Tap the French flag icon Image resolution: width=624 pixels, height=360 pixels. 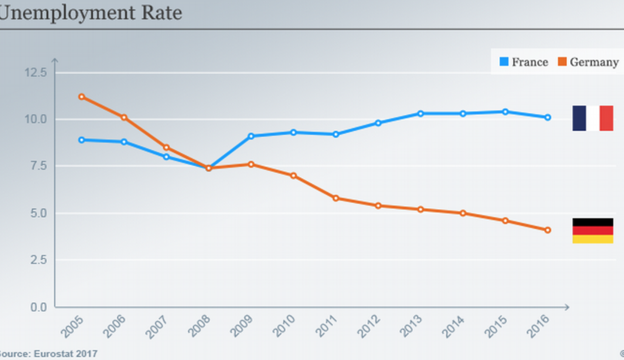(592, 118)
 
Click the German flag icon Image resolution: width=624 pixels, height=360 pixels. (592, 231)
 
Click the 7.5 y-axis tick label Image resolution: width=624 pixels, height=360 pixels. (37, 166)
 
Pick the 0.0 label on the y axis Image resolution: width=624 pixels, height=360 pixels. (37, 307)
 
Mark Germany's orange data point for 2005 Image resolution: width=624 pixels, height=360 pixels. (81, 97)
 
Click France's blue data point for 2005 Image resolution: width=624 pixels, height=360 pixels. (81, 140)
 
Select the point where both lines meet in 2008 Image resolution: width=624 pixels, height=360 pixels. (208, 168)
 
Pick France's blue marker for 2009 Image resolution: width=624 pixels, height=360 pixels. (251, 136)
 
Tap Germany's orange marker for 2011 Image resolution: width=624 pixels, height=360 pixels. (336, 198)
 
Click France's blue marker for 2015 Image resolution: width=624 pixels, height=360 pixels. (505, 112)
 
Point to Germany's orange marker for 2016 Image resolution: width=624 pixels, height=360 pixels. (548, 230)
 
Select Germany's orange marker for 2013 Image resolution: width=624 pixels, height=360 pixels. (421, 209)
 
